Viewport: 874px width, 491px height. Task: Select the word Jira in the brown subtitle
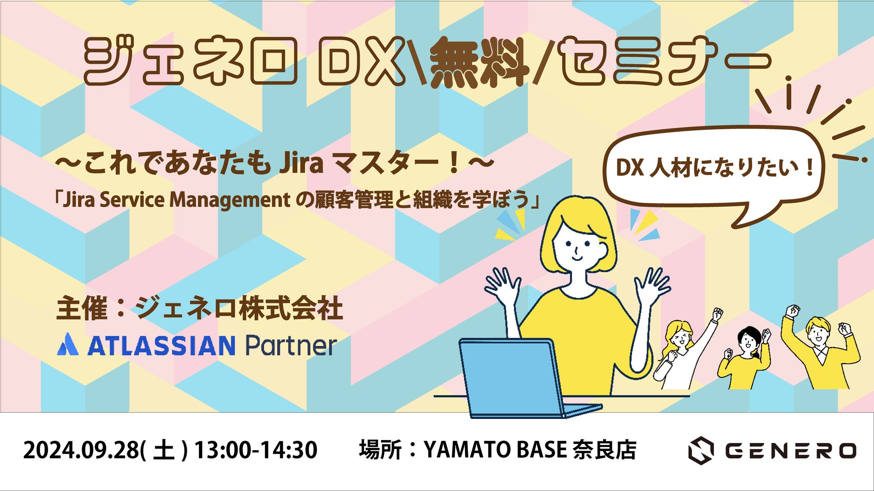(x=301, y=163)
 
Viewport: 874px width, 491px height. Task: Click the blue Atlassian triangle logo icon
(x=68, y=345)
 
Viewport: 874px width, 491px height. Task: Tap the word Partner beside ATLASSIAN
(x=290, y=346)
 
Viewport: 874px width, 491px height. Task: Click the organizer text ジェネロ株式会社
(x=239, y=308)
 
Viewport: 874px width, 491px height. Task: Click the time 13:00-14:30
(x=256, y=450)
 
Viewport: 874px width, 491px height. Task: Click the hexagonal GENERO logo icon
(x=701, y=450)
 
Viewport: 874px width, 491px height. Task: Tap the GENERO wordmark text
(x=791, y=451)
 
